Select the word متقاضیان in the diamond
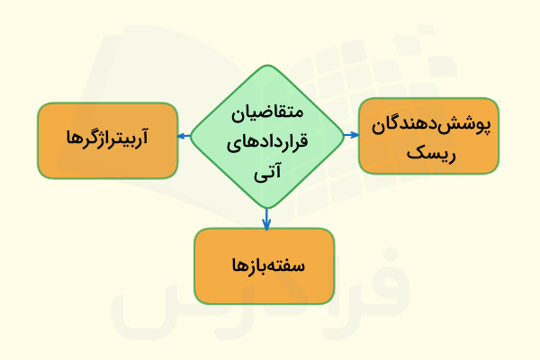coord(267,114)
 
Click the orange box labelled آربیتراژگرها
coord(107,140)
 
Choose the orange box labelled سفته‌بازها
coord(264,265)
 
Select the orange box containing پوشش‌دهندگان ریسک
coord(428,135)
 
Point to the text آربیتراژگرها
coord(107,139)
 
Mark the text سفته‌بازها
coord(265,266)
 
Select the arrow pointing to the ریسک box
coord(350,135)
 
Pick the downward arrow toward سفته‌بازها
coord(267,219)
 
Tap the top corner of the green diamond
coord(267,66)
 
